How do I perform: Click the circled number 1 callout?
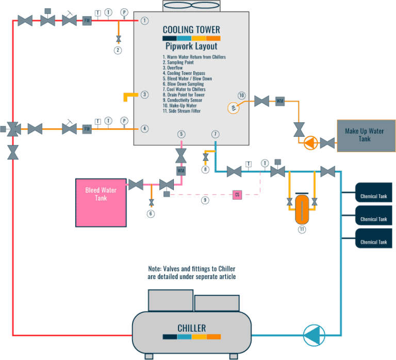click(x=145, y=21)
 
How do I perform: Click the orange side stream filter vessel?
click(x=302, y=206)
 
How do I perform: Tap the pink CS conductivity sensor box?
click(x=237, y=195)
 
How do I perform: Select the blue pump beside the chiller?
click(x=311, y=335)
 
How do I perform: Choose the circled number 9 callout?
click(x=205, y=200)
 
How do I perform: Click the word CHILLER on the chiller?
click(x=192, y=328)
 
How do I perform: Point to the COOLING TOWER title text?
click(x=191, y=29)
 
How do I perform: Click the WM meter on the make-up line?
click(x=280, y=101)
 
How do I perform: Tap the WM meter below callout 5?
click(x=181, y=170)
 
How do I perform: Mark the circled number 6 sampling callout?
click(x=151, y=214)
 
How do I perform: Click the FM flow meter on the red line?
click(x=87, y=21)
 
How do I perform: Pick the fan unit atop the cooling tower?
click(x=191, y=6)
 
